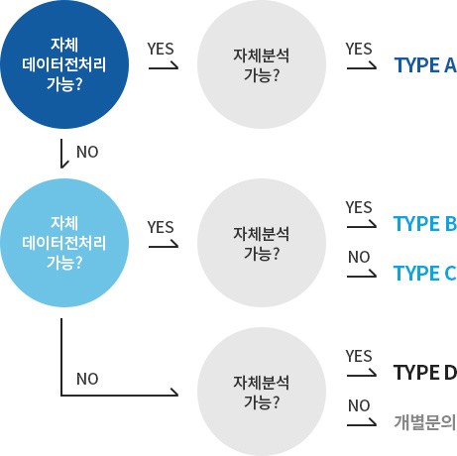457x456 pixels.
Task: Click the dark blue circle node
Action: [x=64, y=64]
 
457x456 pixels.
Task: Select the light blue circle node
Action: [x=64, y=243]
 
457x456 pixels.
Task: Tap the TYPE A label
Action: [x=425, y=65]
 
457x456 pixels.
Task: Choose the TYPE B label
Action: [x=425, y=224]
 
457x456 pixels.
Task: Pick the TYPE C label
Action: [x=425, y=274]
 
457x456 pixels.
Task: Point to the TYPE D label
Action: [x=425, y=373]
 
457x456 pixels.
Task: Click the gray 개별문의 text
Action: [x=425, y=422]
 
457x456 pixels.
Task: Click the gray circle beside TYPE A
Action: [x=262, y=64]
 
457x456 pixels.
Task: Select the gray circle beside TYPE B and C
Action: [x=262, y=243]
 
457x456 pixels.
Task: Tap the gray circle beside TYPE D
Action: [x=262, y=392]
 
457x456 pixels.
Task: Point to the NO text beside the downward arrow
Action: [x=87, y=152]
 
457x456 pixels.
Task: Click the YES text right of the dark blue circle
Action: [x=161, y=49]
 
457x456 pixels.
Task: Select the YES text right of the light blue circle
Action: [x=161, y=227]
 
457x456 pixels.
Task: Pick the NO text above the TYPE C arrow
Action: [x=359, y=257]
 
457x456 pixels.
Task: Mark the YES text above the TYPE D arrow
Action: [x=359, y=356]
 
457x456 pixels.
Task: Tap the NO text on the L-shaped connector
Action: [x=87, y=379]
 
